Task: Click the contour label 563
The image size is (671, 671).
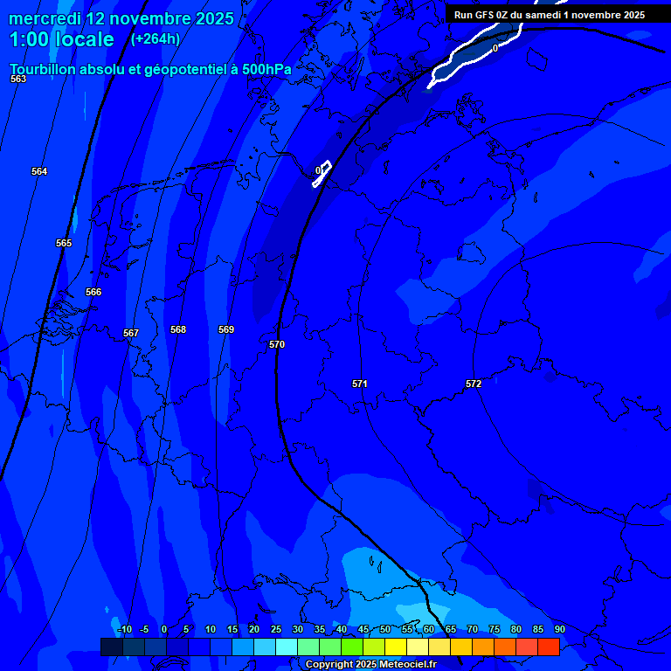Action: tap(18, 79)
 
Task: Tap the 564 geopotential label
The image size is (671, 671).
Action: tap(39, 171)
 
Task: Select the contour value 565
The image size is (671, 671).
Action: tap(64, 243)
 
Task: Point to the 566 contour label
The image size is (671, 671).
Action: tap(93, 292)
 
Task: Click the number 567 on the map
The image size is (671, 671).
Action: tap(131, 333)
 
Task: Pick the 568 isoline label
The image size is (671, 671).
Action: tap(178, 329)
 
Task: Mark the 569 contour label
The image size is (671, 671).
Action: tap(226, 329)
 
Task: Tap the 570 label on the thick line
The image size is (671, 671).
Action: tap(277, 344)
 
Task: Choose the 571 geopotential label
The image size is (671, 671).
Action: tap(360, 384)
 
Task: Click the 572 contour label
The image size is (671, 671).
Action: tap(474, 384)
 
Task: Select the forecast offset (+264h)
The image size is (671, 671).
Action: tap(155, 39)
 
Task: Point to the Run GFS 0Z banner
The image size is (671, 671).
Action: tap(549, 15)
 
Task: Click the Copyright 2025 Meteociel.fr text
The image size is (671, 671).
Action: tap(370, 665)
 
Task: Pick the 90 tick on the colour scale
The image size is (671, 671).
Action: tap(559, 629)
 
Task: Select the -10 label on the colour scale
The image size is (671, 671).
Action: tap(124, 629)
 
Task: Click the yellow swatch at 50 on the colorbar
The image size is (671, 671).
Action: tap(395, 647)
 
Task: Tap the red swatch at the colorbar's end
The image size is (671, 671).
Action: tap(548, 647)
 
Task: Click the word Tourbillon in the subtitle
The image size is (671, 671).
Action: tap(45, 68)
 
